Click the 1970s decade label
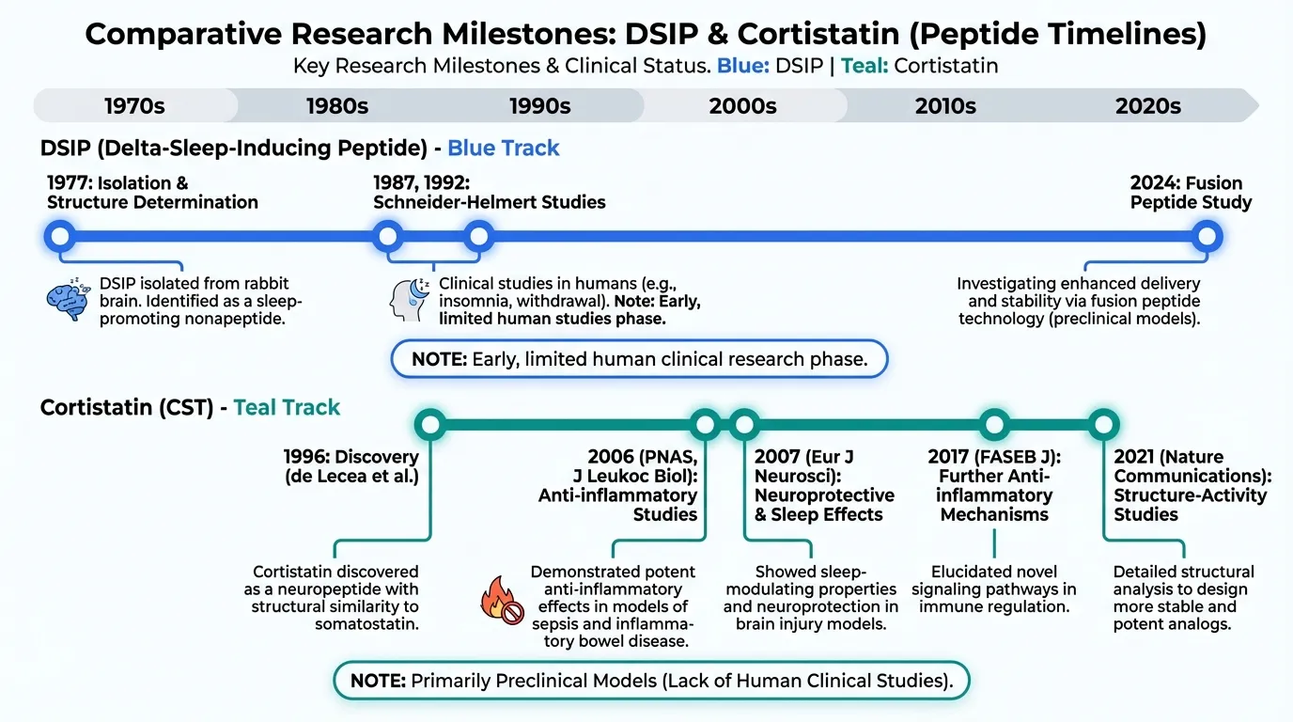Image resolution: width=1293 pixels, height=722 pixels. point(134,106)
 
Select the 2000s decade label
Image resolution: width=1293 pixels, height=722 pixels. point(742,106)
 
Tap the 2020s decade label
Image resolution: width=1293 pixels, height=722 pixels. point(1147,106)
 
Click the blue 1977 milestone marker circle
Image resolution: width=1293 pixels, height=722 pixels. point(60,235)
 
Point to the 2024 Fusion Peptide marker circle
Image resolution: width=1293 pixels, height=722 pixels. point(1206,235)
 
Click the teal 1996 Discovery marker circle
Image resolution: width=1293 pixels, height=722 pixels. point(429,424)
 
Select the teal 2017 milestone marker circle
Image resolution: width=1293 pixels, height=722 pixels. point(994,424)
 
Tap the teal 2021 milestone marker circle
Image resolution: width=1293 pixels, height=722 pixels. point(1103,424)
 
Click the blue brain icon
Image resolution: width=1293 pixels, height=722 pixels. point(67,298)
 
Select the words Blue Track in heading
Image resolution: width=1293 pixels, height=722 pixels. point(503,149)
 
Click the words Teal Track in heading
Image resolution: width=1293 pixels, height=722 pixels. point(287,408)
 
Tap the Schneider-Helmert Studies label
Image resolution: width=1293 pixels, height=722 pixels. point(489,202)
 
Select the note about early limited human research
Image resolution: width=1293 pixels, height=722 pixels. point(638,358)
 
